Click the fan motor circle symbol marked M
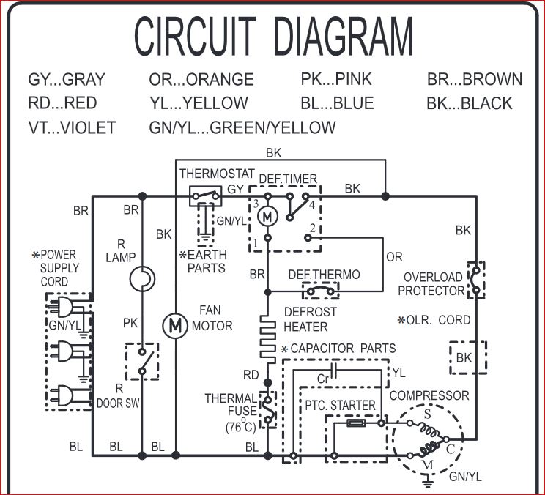[x=174, y=324]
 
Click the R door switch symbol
[x=142, y=361]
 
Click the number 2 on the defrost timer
[x=313, y=228]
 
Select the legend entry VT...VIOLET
[x=72, y=127]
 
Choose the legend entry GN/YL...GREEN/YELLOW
[x=242, y=127]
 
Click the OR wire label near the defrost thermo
[x=395, y=258]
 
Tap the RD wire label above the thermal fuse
[x=251, y=376]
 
